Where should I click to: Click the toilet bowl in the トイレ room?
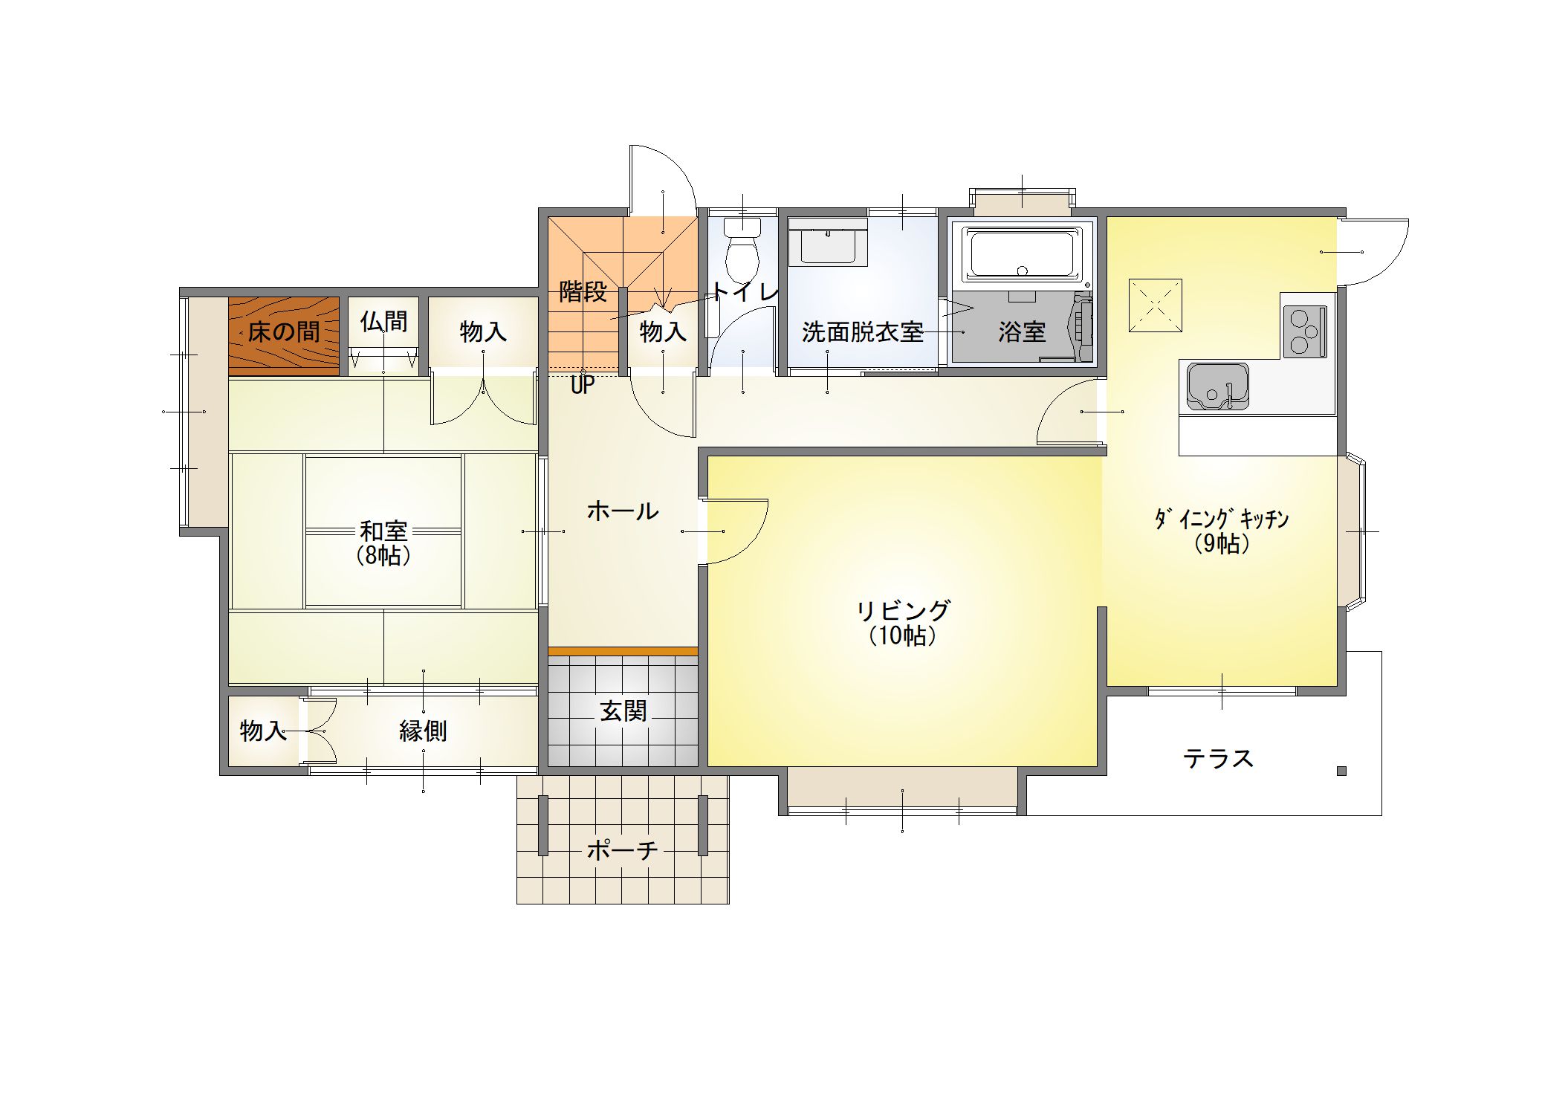(742, 250)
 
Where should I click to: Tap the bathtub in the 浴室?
(1022, 255)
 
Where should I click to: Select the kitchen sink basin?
(1217, 386)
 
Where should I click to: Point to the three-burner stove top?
(1304, 331)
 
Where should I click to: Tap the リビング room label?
(903, 611)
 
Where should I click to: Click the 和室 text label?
(383, 531)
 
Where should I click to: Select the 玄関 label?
(623, 711)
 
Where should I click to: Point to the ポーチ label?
(623, 849)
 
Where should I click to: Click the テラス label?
(1219, 758)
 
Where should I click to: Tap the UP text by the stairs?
(583, 385)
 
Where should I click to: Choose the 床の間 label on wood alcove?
(283, 331)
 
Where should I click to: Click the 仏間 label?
(383, 321)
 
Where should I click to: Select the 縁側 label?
(423, 731)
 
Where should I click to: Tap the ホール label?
(623, 511)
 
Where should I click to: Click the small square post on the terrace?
(1341, 771)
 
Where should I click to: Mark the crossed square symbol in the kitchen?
(1155, 305)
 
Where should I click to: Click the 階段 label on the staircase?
(583, 291)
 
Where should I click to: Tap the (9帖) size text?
(1222, 544)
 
